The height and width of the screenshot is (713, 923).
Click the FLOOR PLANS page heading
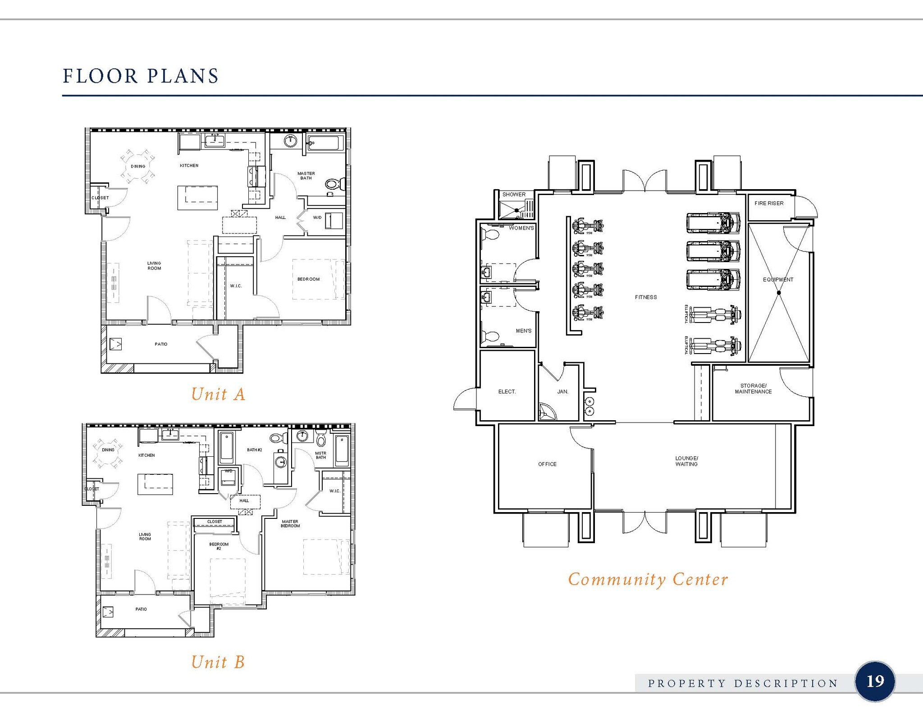point(141,76)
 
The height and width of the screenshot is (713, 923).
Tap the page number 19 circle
point(874,681)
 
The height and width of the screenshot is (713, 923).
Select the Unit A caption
point(218,394)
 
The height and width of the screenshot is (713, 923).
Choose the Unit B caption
point(218,662)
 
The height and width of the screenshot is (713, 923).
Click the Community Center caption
point(648,579)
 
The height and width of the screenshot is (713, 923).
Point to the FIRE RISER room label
point(769,204)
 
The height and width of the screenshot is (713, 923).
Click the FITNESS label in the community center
point(646,297)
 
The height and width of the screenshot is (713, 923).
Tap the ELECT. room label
point(507,392)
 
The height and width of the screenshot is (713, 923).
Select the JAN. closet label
point(562,392)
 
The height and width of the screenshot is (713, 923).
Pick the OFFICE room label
point(547,464)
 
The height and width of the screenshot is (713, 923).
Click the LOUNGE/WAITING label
point(686,461)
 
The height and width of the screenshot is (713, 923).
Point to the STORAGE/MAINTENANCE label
point(753,389)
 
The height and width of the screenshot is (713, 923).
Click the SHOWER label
point(514,195)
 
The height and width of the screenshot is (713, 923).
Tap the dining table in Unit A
point(138,167)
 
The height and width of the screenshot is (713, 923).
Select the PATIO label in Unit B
point(141,609)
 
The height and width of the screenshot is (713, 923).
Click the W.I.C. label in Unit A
point(236,286)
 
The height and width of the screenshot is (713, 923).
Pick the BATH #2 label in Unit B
point(254,450)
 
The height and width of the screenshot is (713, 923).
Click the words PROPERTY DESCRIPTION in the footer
point(743,684)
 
